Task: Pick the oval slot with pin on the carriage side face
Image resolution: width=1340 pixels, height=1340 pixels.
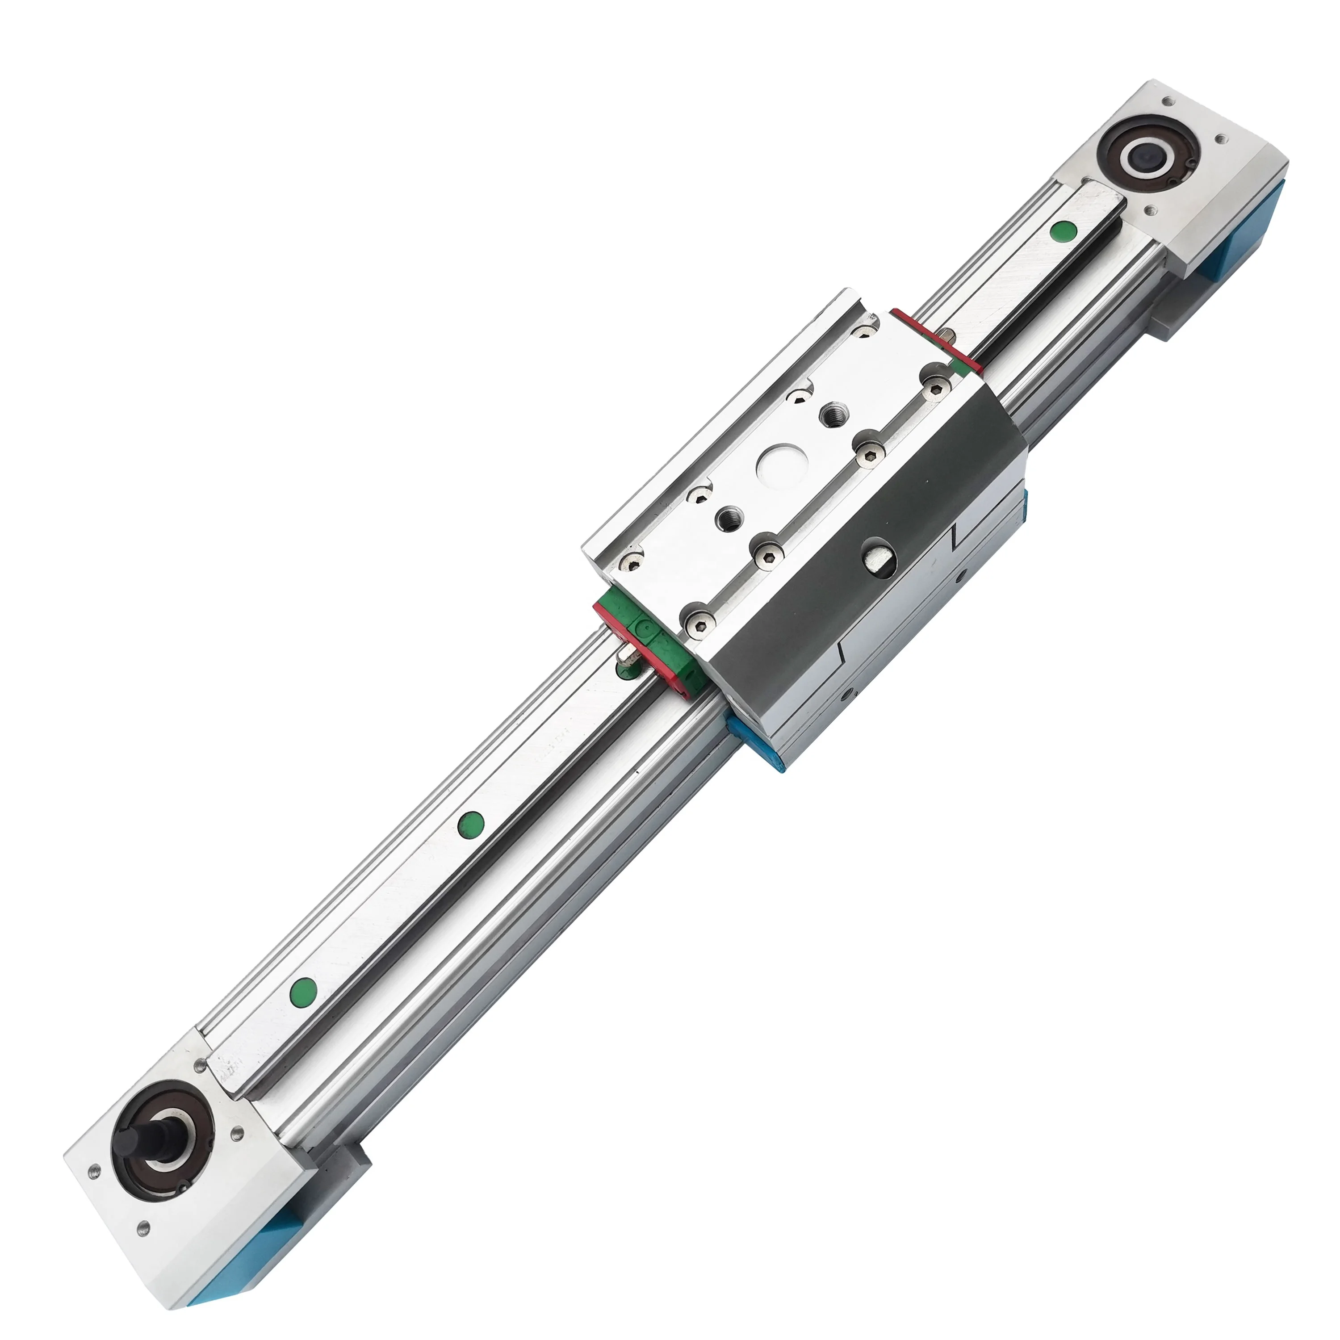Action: (x=878, y=557)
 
